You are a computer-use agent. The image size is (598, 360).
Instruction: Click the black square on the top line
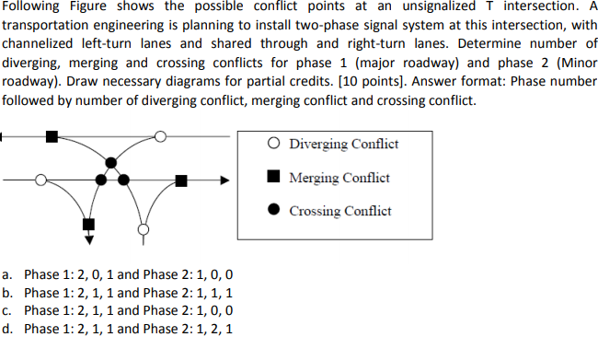point(51,137)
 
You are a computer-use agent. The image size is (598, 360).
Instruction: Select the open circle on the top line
point(160,137)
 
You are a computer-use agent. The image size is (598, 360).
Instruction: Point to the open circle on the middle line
point(40,180)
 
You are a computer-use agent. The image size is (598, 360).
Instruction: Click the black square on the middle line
point(182,180)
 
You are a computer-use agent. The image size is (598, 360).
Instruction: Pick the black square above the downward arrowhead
point(88,224)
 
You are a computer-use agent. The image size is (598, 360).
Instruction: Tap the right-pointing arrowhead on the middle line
point(222,180)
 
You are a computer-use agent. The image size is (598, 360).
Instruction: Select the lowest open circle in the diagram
point(142,226)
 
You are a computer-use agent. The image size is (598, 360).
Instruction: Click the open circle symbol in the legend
point(274,144)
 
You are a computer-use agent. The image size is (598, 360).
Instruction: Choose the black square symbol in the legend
point(274,177)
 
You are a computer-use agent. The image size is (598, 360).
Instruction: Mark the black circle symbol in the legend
point(274,210)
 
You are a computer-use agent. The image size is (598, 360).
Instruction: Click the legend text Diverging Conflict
point(343,144)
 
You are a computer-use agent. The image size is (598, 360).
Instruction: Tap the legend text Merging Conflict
point(339,177)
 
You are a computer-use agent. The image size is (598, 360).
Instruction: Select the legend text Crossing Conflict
point(340,211)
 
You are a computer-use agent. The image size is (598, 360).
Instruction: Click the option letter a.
point(8,274)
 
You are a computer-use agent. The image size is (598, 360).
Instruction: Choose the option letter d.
point(8,328)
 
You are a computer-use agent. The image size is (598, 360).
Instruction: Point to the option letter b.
point(8,292)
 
